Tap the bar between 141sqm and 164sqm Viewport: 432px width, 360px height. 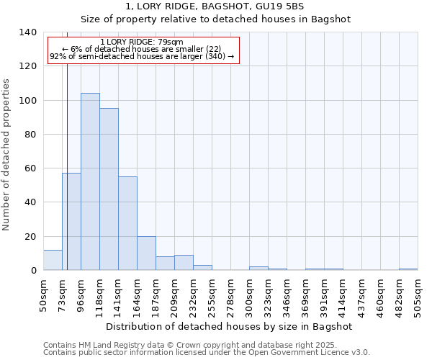(127, 223)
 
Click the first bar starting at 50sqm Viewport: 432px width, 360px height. (53, 260)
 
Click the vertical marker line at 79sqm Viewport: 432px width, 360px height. (67, 144)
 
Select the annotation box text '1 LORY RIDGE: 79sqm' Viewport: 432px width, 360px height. (142, 42)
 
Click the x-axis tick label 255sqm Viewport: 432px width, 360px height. (212, 295)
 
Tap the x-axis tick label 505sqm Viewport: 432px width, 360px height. (418, 295)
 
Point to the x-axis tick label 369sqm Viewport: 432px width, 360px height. (305, 295)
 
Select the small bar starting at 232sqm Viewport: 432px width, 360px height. (202, 268)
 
